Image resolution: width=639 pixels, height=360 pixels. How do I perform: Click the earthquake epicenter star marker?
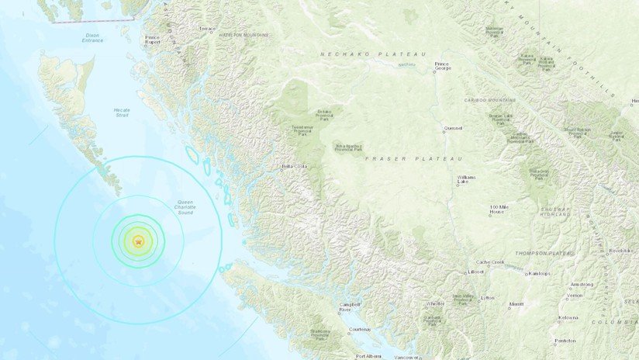138,242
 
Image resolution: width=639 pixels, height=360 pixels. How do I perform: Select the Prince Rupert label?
152,40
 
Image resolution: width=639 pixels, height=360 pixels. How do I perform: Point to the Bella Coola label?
295,166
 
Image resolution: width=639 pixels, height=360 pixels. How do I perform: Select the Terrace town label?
207,29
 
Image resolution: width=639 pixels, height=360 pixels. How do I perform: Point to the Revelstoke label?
620,251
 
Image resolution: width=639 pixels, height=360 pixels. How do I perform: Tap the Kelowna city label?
568,317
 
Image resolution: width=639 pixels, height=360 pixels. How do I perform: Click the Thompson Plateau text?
546,254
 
